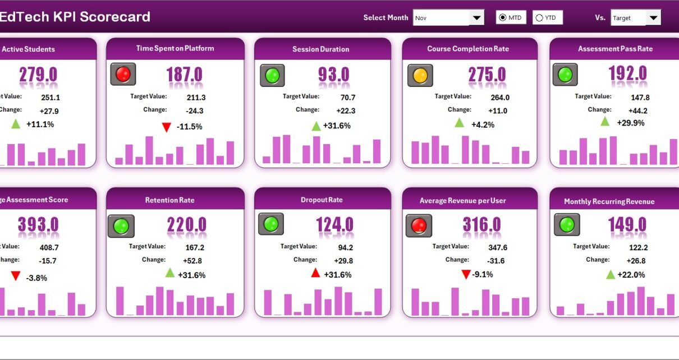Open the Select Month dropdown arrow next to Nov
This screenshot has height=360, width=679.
point(476,18)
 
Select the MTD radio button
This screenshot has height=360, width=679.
point(502,18)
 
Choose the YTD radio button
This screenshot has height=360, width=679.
point(539,18)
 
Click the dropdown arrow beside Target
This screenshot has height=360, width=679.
point(653,18)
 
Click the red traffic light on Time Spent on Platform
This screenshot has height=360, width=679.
point(123,74)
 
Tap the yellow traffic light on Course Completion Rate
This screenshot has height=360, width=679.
point(420,75)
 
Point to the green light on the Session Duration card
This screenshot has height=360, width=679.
point(272,75)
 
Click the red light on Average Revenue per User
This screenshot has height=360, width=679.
point(419,225)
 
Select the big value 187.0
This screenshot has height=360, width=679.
point(185,75)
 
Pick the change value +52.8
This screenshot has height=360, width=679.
point(192,261)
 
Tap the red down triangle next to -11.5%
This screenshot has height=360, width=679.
point(166,127)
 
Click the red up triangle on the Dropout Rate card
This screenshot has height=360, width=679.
point(315,273)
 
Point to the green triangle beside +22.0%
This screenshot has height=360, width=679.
point(611,274)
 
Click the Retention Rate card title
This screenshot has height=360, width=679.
point(169,200)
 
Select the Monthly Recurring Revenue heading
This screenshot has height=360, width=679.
point(609,201)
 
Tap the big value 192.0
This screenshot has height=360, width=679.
point(627,73)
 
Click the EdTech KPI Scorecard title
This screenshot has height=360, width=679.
point(75,17)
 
